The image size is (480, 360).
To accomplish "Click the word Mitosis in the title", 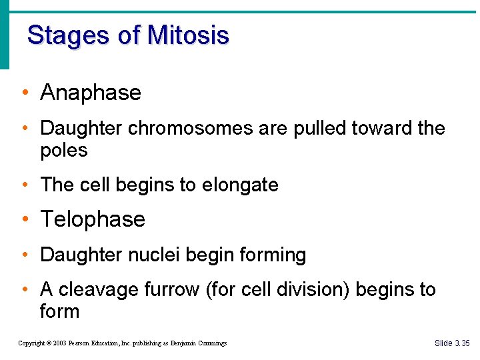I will pyautogui.click(x=188, y=35).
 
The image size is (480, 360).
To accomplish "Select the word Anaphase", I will pyautogui.click(x=91, y=93).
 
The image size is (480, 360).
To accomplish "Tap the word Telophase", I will pyautogui.click(x=93, y=219).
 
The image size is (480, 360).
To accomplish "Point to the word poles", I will pyautogui.click(x=64, y=151).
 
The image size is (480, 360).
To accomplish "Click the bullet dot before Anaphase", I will pyautogui.click(x=24, y=93).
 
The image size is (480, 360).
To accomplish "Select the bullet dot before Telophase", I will pyautogui.click(x=24, y=220).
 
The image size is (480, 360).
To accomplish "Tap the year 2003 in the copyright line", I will pyautogui.click(x=57, y=343).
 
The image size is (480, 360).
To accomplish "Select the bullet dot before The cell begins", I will pyautogui.click(x=24, y=185).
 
